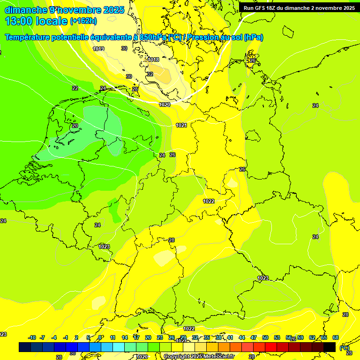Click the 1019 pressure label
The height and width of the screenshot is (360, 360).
pos(98,49)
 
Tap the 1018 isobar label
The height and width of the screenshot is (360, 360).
pos(153,60)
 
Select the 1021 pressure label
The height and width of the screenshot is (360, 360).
pos(181,125)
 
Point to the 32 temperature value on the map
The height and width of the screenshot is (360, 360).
pos(150,75)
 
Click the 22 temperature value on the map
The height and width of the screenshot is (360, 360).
pos(75,88)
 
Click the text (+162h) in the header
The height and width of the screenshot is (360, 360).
pos(83,21)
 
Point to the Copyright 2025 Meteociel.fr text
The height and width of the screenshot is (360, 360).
pos(199,357)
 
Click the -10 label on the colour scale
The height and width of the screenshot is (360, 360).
pos(32,337)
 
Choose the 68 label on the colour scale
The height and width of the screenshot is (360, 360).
pos(336,337)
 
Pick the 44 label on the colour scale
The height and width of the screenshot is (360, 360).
pos(242,337)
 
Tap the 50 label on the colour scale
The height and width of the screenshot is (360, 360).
pos(265,337)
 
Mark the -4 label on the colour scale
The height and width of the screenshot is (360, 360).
pos(54,337)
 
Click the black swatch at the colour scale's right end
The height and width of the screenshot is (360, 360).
pos(330,347)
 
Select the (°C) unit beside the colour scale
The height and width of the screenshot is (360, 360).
pos(345,348)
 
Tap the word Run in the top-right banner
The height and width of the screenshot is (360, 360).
pos(249,8)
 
